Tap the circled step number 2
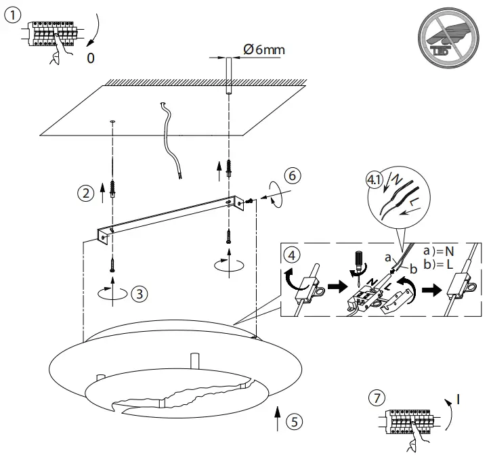coord(85,193)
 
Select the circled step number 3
coord(138,294)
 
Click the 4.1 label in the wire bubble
coord(374,181)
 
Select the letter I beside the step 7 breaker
coord(458,399)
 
